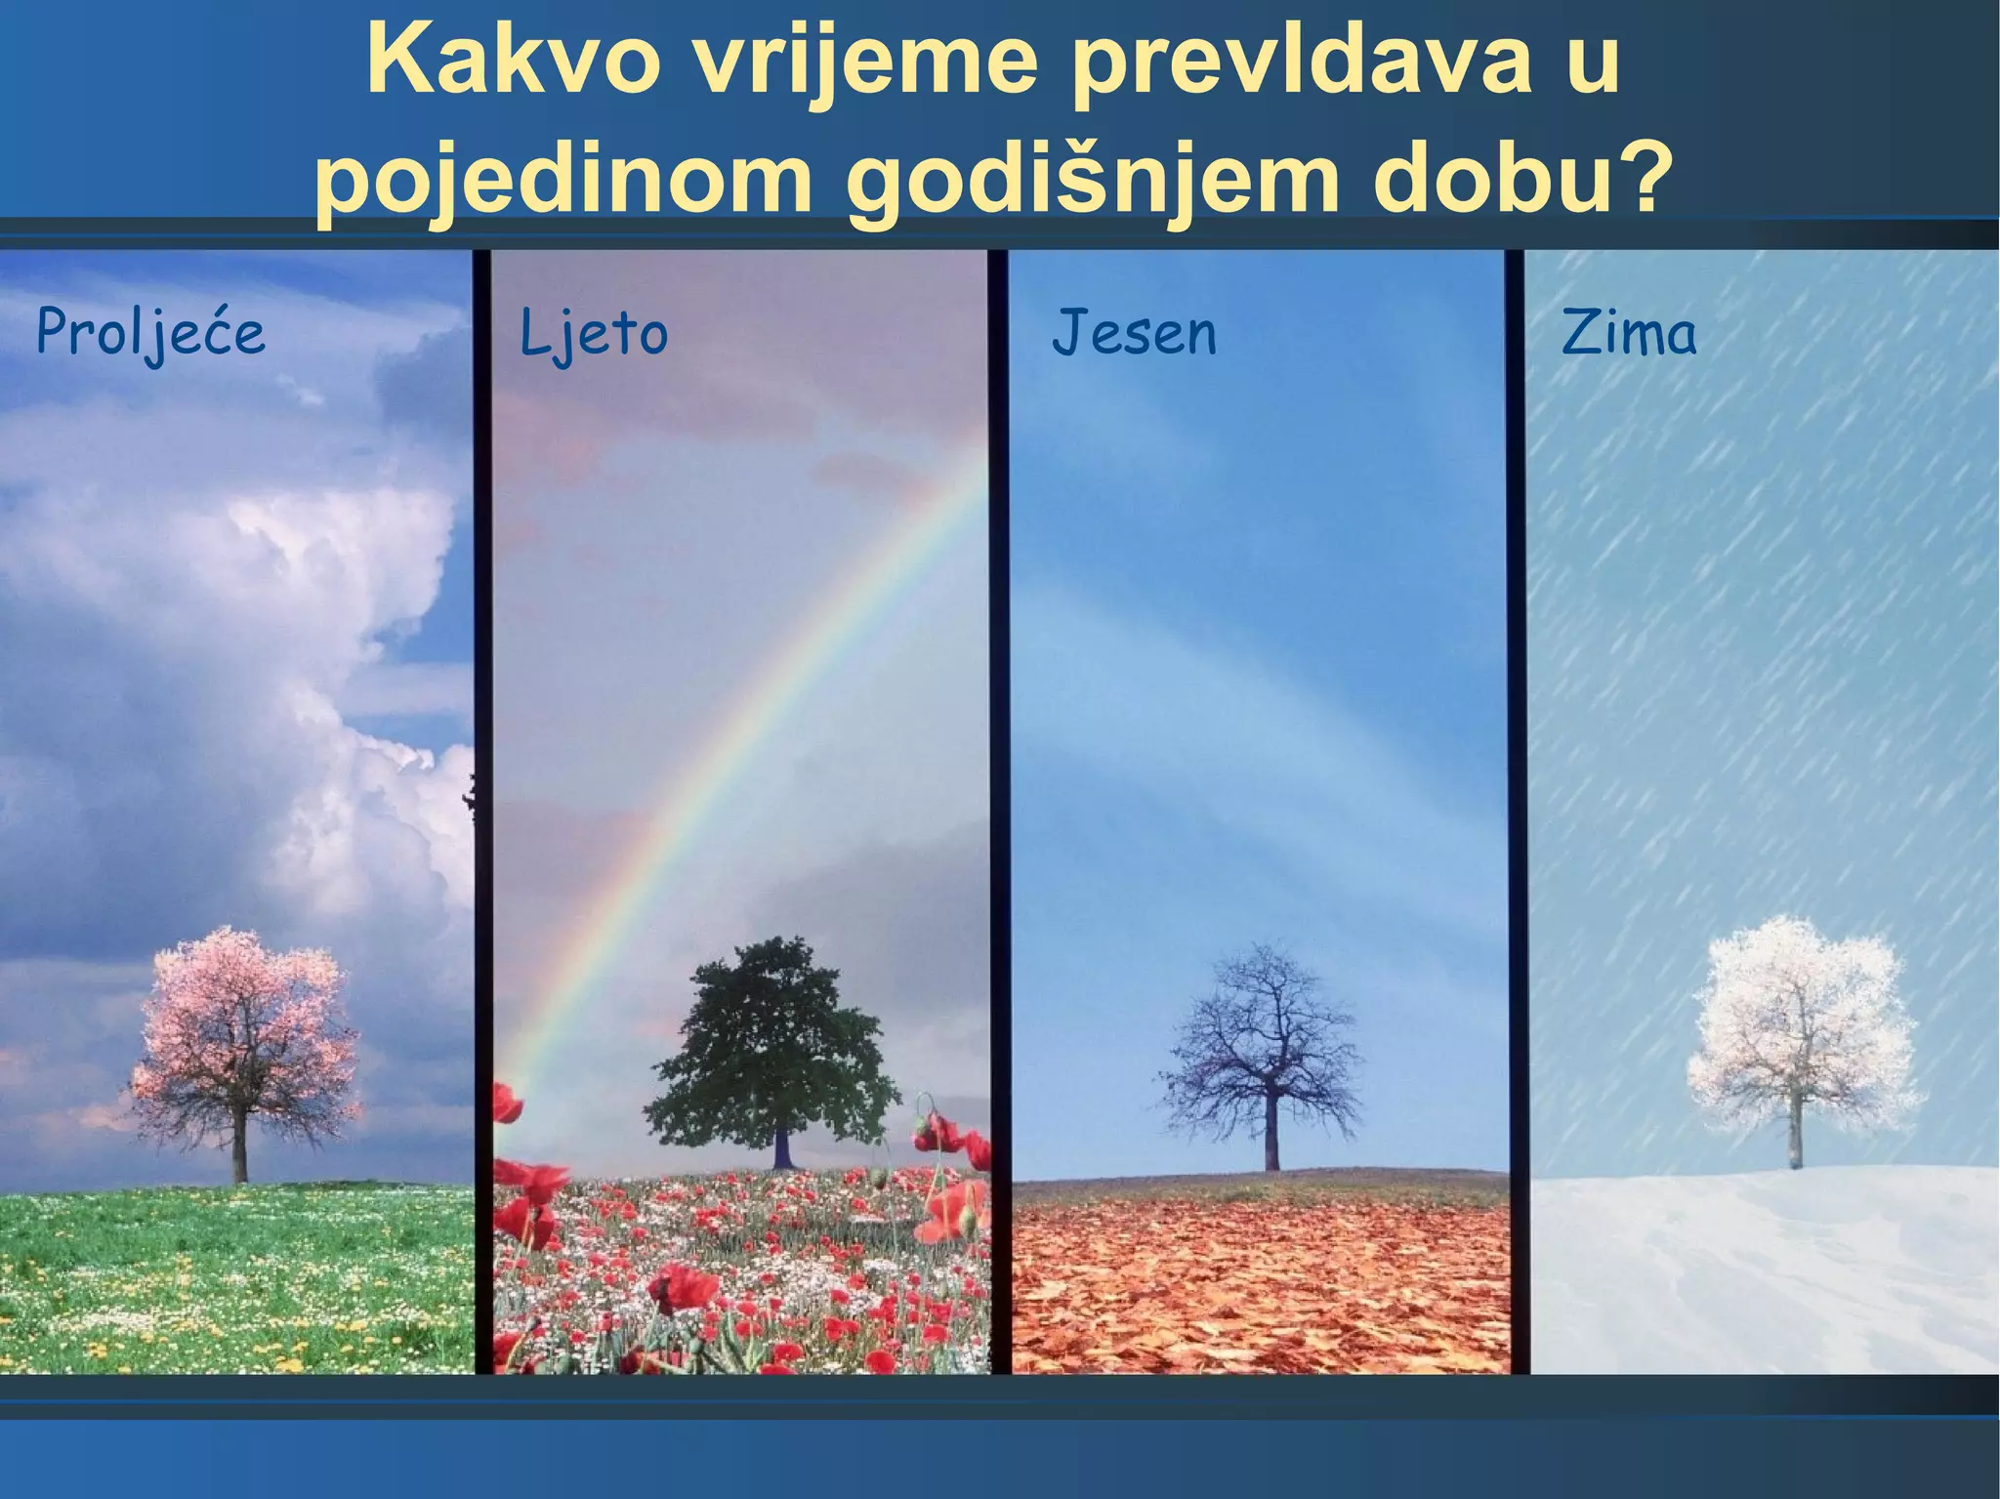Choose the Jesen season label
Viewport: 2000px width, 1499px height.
click(x=1134, y=333)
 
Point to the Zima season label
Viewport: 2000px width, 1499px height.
click(x=1629, y=333)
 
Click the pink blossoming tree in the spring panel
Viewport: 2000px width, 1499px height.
click(x=244, y=1035)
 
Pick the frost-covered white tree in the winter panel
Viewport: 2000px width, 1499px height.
click(x=1795, y=1025)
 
